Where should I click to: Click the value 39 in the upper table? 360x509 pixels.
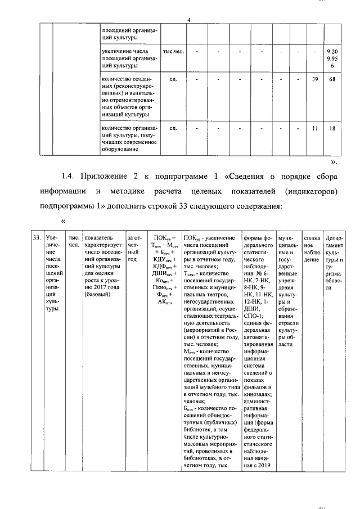[x=315, y=79]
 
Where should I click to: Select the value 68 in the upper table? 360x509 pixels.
[x=332, y=79]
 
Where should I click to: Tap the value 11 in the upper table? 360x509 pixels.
[x=315, y=128]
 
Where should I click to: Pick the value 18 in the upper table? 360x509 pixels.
[x=332, y=128]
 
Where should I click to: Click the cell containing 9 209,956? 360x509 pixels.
[x=332, y=59]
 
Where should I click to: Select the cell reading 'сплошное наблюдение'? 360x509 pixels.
[x=311, y=249]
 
